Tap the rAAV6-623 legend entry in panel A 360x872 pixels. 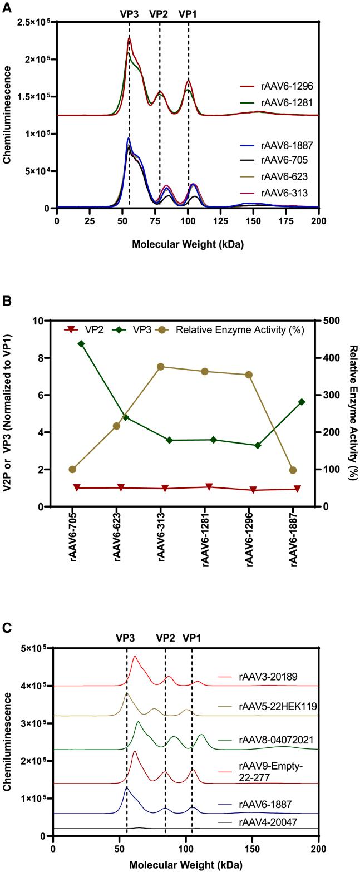click(x=281, y=177)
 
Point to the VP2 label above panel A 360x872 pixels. click(x=159, y=14)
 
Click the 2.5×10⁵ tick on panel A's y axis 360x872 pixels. click(x=33, y=22)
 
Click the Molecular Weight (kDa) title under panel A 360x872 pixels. click(x=188, y=243)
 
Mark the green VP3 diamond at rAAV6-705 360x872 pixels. click(x=81, y=344)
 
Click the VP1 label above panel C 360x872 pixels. click(x=192, y=637)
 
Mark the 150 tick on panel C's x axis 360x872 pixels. click(x=252, y=848)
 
